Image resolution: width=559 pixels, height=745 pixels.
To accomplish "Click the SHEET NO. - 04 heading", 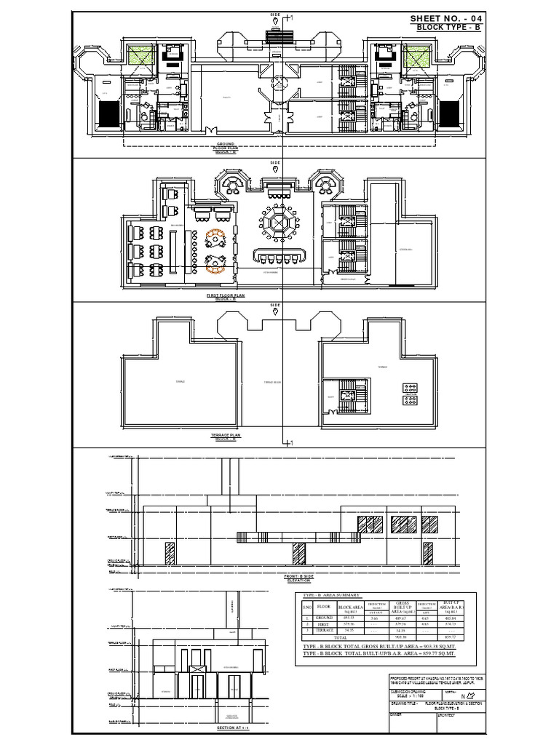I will [x=445, y=18].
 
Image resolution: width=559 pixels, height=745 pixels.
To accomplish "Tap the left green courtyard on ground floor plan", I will [x=140, y=56].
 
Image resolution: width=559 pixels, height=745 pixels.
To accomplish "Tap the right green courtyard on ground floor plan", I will [x=416, y=56].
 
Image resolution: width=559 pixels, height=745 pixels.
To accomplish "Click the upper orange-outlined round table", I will [x=215, y=239].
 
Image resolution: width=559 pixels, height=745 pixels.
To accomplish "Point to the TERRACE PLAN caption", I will [x=225, y=436].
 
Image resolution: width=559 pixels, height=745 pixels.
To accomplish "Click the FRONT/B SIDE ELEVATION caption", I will [x=298, y=578].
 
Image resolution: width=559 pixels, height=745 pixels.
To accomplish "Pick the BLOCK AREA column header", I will [x=351, y=606].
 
